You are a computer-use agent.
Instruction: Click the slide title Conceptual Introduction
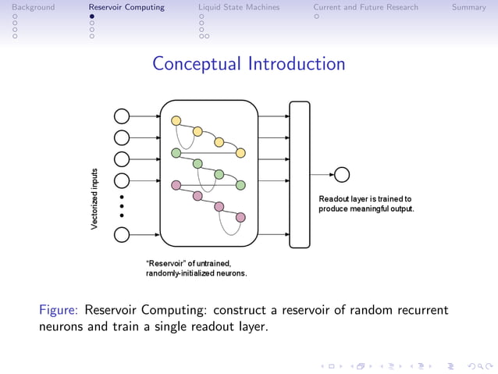tap(248, 63)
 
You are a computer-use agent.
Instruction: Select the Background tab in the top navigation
tap(28, 7)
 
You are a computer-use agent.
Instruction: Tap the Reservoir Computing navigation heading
tap(126, 7)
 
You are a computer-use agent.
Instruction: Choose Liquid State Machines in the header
tap(242, 7)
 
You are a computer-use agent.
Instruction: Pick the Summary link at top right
tap(468, 7)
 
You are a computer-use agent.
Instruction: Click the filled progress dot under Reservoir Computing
tap(91, 16)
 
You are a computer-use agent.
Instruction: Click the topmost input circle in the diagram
tap(122, 116)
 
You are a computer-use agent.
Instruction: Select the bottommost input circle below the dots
tap(122, 234)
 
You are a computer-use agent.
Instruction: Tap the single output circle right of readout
tap(341, 174)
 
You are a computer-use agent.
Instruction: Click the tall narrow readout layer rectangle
tap(299, 174)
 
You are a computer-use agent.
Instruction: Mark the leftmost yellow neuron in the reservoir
tap(176, 120)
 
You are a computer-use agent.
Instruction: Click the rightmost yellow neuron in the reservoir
tap(241, 152)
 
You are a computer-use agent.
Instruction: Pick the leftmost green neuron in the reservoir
tap(176, 153)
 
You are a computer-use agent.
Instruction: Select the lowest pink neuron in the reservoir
tap(240, 217)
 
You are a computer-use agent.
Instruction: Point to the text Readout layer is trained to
tap(365, 199)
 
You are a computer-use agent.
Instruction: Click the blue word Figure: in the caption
tap(59, 310)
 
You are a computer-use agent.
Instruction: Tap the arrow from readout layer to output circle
tap(321, 174)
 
